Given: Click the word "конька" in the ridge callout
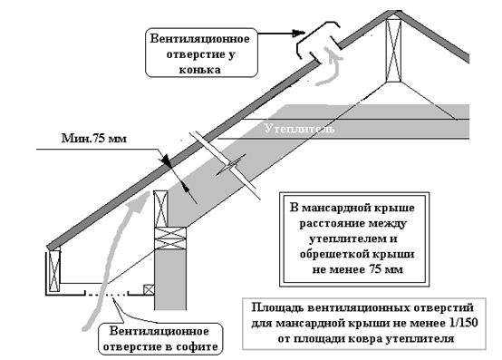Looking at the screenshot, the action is (199, 70).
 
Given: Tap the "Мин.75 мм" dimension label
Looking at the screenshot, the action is (94, 139).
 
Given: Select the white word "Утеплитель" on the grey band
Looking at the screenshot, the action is (300, 129).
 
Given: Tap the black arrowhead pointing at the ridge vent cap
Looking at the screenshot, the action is (298, 33).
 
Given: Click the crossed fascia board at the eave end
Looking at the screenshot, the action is (53, 271).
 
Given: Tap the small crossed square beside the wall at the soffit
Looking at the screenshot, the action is (149, 290).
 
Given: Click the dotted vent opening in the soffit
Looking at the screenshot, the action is (106, 294).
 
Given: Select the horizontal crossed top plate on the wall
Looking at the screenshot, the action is (170, 238).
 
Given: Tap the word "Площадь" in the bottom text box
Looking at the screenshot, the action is (277, 308).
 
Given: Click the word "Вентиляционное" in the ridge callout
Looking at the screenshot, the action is (199, 39).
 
